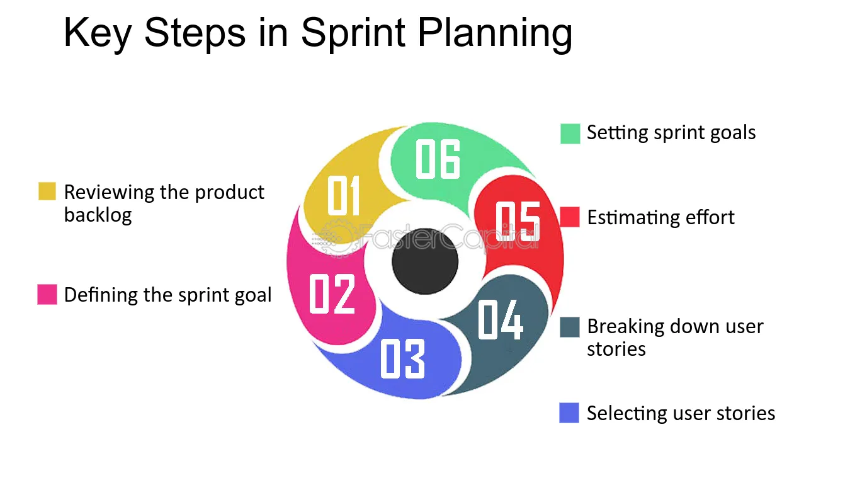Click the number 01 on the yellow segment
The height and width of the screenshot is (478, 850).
tap(343, 195)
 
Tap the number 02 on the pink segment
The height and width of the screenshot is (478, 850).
tap(332, 293)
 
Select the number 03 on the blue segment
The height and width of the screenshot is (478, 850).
tap(402, 358)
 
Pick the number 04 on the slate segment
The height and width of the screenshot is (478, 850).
tap(500, 319)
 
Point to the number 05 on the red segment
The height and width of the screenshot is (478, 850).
tap(518, 221)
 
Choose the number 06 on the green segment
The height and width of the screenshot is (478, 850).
tap(438, 159)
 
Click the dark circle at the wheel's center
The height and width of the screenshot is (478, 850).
tap(425, 261)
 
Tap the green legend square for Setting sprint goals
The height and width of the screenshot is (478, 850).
tap(570, 134)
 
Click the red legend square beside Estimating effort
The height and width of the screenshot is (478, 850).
tap(570, 217)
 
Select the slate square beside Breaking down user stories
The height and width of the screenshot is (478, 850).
tap(570, 327)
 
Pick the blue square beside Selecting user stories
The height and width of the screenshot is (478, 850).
tap(569, 413)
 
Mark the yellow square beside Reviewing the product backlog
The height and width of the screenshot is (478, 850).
tap(47, 191)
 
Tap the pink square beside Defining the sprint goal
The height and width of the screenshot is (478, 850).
tap(47, 294)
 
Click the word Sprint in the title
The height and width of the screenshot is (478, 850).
tap(353, 33)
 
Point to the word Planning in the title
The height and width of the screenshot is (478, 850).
tap(495, 33)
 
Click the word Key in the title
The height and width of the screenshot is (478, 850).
tap(98, 33)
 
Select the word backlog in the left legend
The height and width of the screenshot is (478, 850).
tap(98, 215)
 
